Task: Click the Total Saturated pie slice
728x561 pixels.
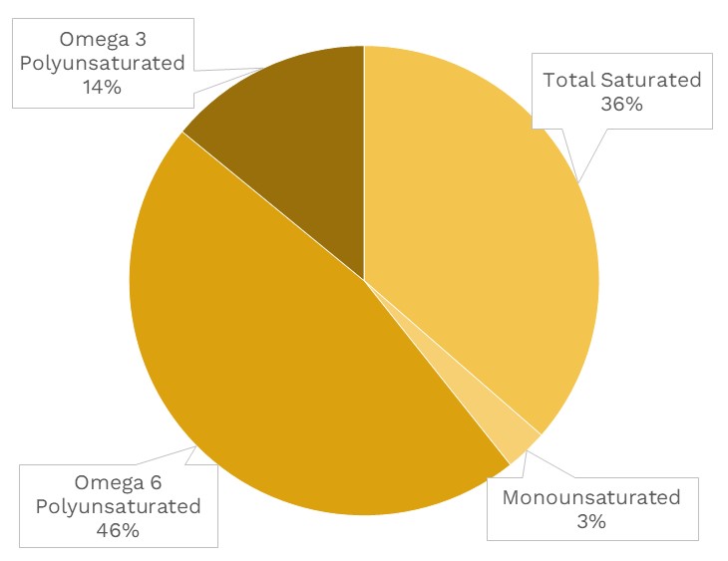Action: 479,249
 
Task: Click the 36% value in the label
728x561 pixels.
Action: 621,104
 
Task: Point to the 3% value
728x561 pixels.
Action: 590,521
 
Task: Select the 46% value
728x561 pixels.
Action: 118,530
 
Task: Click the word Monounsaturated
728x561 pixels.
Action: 591,497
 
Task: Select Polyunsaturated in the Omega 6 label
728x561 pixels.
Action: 118,506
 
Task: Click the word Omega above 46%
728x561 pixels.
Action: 107,482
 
